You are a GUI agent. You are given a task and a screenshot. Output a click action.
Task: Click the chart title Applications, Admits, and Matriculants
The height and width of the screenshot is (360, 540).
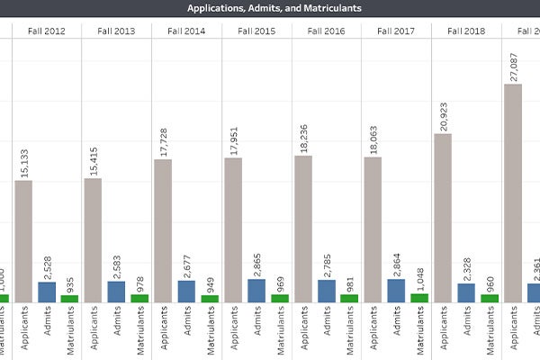pyautogui.click(x=274, y=8)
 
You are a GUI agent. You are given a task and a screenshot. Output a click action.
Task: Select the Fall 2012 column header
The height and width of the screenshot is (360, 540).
pyautogui.click(x=46, y=31)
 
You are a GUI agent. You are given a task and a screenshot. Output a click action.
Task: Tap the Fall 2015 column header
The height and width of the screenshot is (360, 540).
pyautogui.click(x=256, y=31)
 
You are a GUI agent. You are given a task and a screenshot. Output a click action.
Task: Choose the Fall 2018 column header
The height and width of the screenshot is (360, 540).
pyautogui.click(x=467, y=31)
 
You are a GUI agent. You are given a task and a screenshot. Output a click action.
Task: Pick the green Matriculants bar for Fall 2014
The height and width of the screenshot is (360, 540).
pyautogui.click(x=210, y=298)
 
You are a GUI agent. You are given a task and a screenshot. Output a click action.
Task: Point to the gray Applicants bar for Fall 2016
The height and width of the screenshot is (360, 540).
pyautogui.click(x=303, y=229)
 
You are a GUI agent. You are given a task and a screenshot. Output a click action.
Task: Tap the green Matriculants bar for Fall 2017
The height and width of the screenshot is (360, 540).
pyautogui.click(x=419, y=297)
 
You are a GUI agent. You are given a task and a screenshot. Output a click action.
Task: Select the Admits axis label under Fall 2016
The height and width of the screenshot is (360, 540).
pyautogui.click(x=327, y=325)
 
